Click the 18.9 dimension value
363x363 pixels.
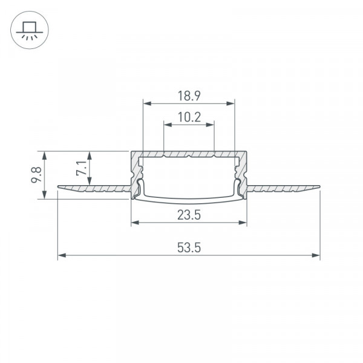click(189, 96)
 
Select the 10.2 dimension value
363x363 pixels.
click(189, 117)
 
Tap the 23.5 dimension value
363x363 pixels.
click(189, 215)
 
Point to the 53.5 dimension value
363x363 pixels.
click(189, 247)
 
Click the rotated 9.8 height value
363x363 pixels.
click(36, 175)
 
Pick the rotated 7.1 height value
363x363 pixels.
click(82, 168)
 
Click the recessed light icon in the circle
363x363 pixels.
click(30, 30)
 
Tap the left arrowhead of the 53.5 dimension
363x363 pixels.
click(62, 255)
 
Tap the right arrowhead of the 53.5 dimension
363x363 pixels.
click(316, 255)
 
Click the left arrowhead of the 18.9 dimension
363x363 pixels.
click(147, 103)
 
